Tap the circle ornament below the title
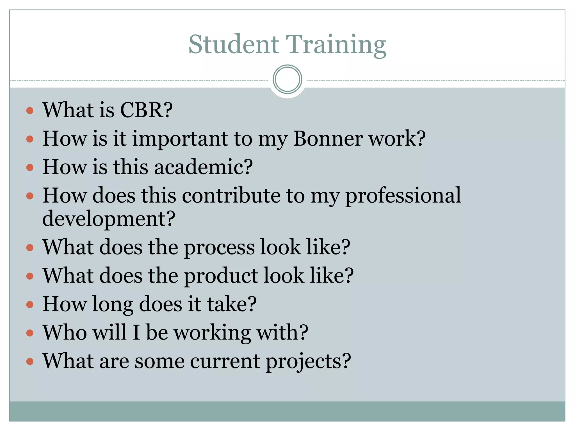tap(287, 79)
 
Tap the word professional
tap(403, 196)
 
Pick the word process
tap(219, 248)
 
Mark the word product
tap(221, 276)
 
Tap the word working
tap(212, 333)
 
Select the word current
tap(225, 361)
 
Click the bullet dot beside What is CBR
tap(30, 110)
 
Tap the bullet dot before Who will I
tap(30, 333)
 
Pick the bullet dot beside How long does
tap(30, 304)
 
